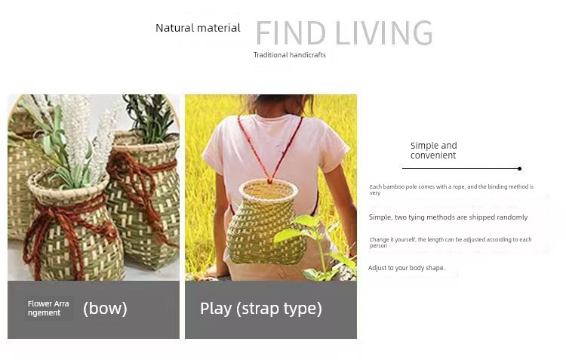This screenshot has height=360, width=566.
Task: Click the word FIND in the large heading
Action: point(291,33)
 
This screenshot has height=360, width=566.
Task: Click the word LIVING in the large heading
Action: point(384,33)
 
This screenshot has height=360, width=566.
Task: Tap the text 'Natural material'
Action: point(198,28)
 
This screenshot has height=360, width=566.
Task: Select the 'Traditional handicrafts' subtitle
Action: point(290,55)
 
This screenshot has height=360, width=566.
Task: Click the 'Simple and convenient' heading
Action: point(433,150)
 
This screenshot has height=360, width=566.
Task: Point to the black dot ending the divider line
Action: point(519,168)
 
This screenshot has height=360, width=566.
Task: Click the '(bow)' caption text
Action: point(105,309)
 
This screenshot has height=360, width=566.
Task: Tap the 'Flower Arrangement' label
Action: point(48,309)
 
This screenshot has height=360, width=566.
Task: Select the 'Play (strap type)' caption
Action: point(261,309)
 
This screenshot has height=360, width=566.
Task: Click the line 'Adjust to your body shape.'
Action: point(407,268)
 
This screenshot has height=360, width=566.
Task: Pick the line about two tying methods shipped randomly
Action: point(448,217)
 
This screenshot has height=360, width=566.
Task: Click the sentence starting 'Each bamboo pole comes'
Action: point(451,189)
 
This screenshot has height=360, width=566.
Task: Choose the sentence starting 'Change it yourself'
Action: point(451,242)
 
